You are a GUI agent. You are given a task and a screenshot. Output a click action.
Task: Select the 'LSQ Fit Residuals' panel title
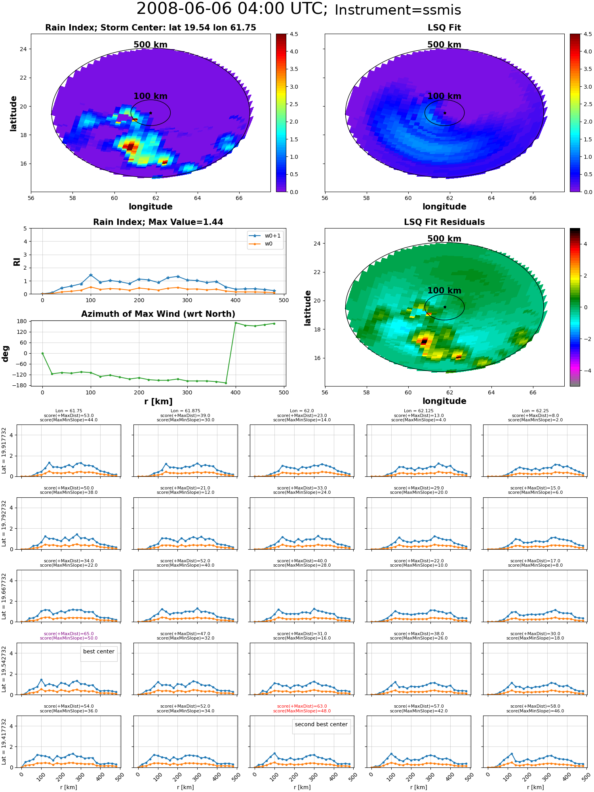(444, 222)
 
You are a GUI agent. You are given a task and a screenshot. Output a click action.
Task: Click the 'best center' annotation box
(99, 652)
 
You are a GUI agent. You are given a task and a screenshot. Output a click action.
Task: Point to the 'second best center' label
(321, 725)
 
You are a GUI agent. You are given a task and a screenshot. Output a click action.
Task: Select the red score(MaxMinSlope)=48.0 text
(302, 711)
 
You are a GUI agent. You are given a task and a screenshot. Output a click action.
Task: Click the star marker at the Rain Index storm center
(150, 113)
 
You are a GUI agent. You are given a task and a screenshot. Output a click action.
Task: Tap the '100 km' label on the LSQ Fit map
(444, 96)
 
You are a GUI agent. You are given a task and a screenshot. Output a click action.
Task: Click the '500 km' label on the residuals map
(444, 239)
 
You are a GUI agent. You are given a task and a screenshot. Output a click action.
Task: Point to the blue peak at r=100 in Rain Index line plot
(91, 275)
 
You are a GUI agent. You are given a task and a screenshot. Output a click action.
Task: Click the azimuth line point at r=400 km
(236, 323)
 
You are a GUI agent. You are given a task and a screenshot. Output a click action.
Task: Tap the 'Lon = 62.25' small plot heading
(535, 411)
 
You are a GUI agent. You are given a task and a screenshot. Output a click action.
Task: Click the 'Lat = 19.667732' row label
(4, 596)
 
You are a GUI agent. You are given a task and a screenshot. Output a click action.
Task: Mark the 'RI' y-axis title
(17, 262)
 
